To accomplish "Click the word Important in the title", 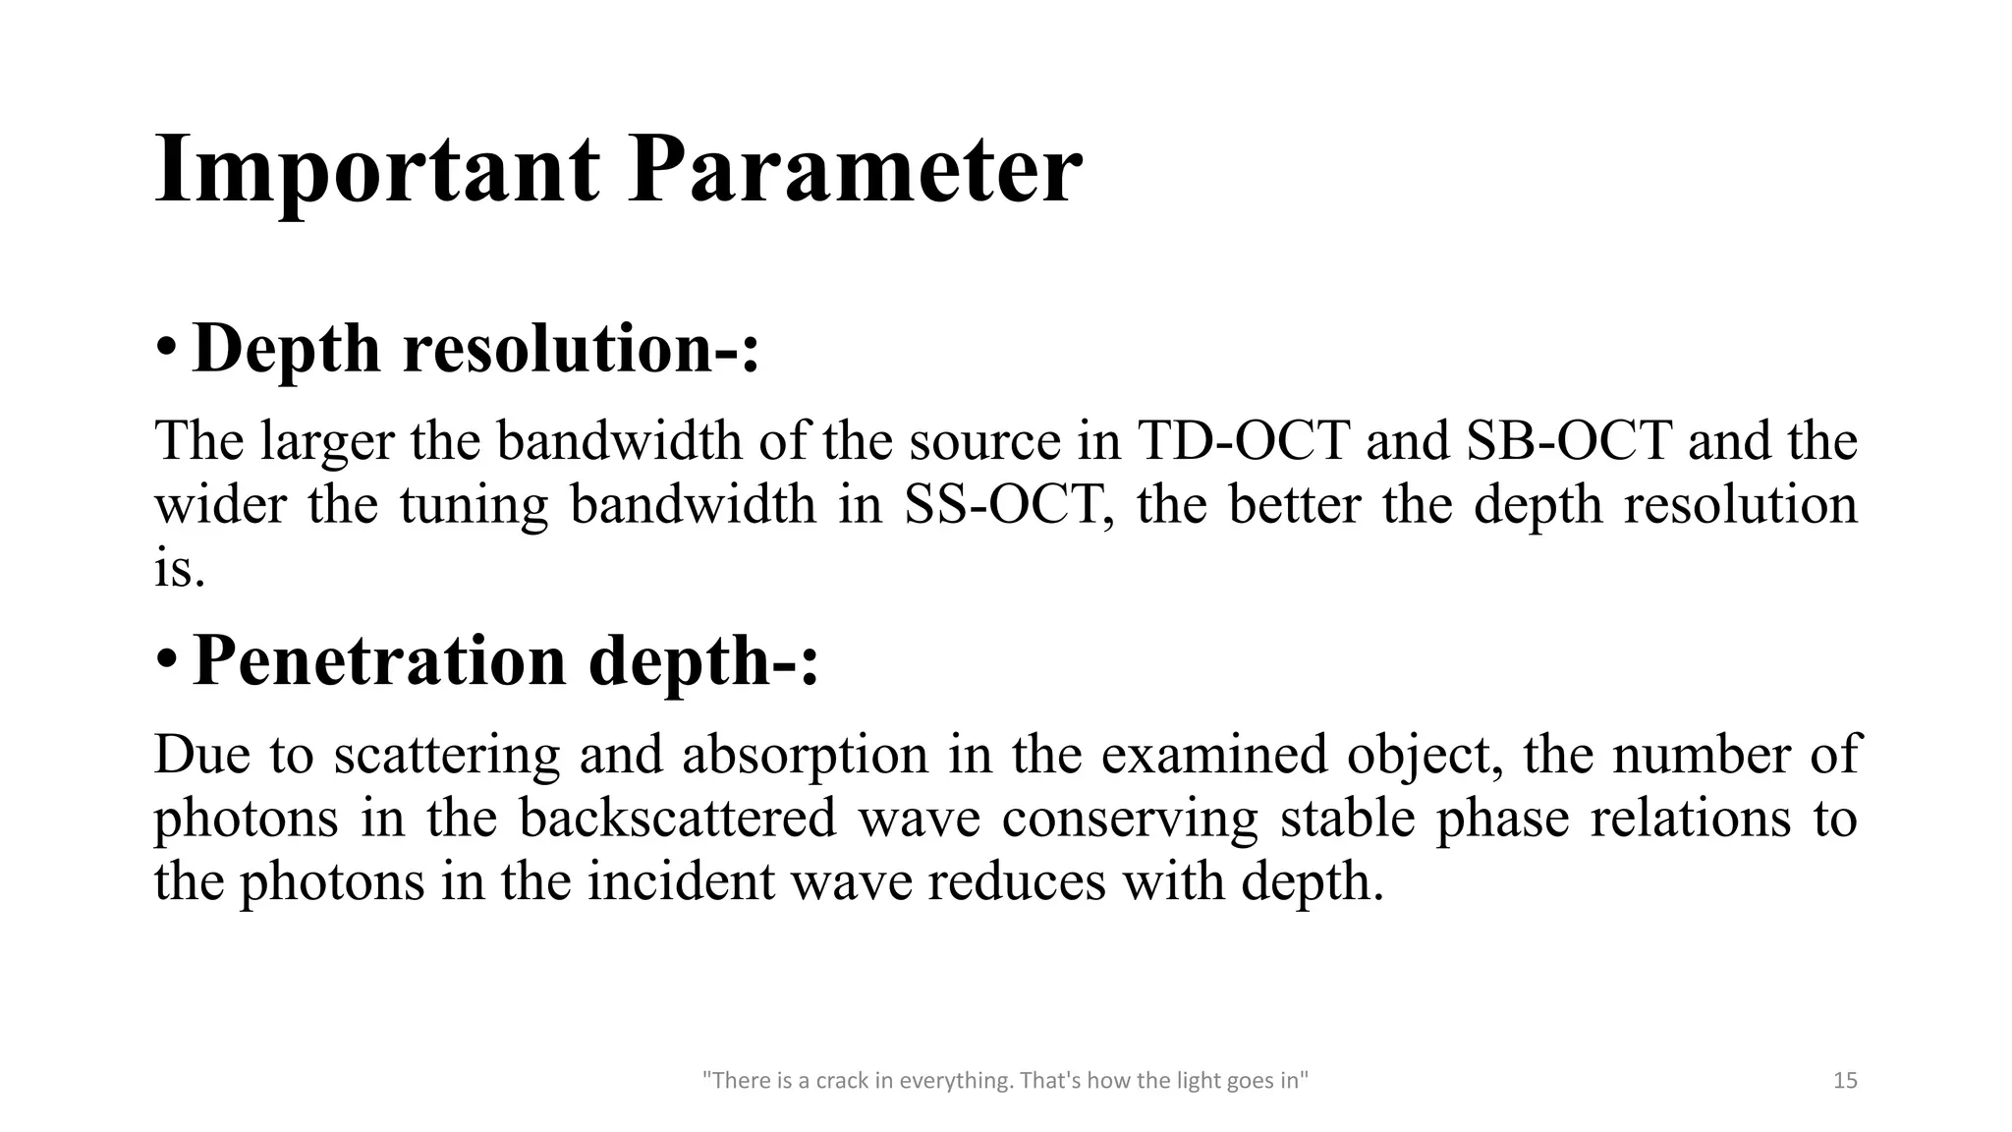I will (x=376, y=170).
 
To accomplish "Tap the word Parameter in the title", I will (x=855, y=170).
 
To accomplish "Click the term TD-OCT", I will (x=1243, y=440).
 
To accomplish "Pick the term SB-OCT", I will (x=1569, y=440).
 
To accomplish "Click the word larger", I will (x=327, y=442).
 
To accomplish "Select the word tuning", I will (x=474, y=506).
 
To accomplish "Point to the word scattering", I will (x=446, y=756).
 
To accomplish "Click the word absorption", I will (x=805, y=756).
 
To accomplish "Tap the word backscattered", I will (x=678, y=818).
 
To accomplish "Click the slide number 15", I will (x=1845, y=1081).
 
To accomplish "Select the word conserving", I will (x=1130, y=819).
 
